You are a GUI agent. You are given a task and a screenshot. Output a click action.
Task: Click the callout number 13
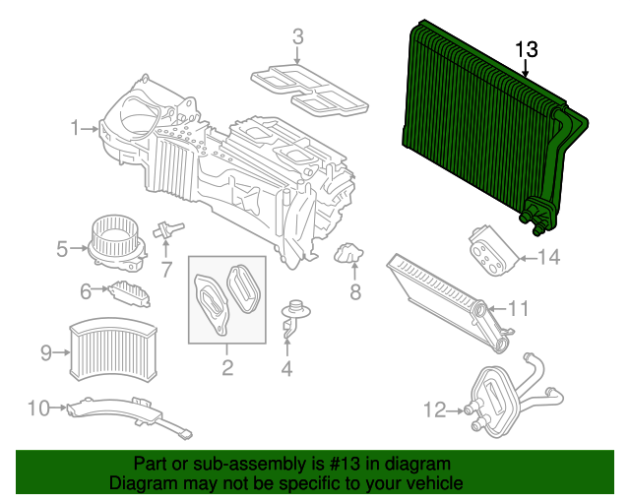pyautogui.click(x=527, y=49)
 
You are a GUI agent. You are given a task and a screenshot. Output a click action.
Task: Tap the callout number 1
pyautogui.click(x=75, y=127)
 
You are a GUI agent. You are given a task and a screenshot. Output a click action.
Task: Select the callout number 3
pyautogui.click(x=298, y=38)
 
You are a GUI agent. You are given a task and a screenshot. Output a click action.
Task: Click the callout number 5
pyautogui.click(x=62, y=249)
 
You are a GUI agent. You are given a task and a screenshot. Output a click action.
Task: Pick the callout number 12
pyautogui.click(x=434, y=409)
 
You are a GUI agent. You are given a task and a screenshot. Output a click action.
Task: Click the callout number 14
pyautogui.click(x=548, y=258)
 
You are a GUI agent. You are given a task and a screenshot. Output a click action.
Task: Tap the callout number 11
pyautogui.click(x=519, y=309)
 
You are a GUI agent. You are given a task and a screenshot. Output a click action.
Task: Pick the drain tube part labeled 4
pyautogui.click(x=291, y=320)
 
